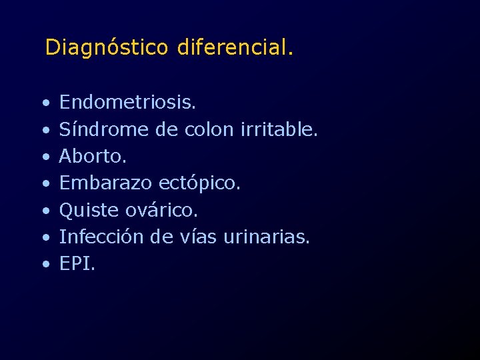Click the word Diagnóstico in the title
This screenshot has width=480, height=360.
107,48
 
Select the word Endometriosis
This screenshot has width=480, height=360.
127,102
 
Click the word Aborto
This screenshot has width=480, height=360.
93,156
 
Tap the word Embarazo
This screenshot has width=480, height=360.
106,183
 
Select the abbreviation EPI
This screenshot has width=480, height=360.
77,263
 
